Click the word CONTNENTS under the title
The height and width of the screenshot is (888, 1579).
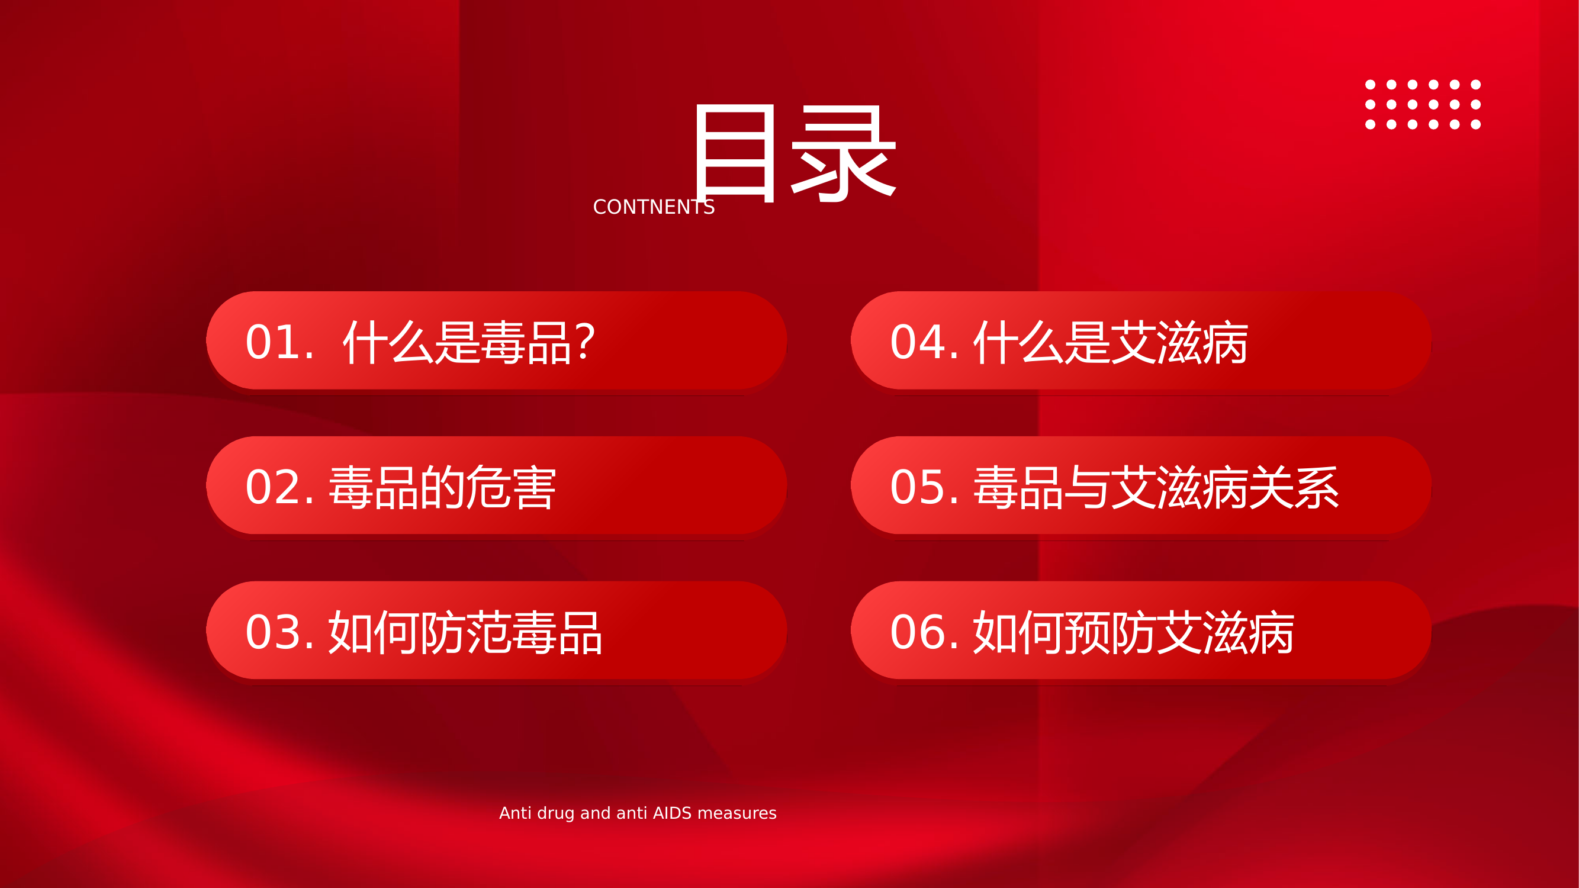pyautogui.click(x=654, y=207)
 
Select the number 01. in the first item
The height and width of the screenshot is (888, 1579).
pyautogui.click(x=279, y=342)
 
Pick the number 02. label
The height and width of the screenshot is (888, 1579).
pyautogui.click(x=279, y=487)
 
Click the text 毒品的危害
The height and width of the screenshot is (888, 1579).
pyautogui.click(x=443, y=487)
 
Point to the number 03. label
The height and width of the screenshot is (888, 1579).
pyautogui.click(x=279, y=632)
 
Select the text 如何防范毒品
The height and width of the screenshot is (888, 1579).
pyautogui.click(x=466, y=632)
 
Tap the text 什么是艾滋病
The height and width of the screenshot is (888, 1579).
pyautogui.click(x=1111, y=342)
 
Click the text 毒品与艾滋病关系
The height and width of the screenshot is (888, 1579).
pyautogui.click(x=1156, y=487)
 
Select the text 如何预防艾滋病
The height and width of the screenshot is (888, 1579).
pyautogui.click(x=1134, y=632)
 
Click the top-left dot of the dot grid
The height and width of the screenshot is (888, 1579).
pyautogui.click(x=1371, y=85)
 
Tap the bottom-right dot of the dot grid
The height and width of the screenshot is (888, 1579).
pyautogui.click(x=1476, y=124)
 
